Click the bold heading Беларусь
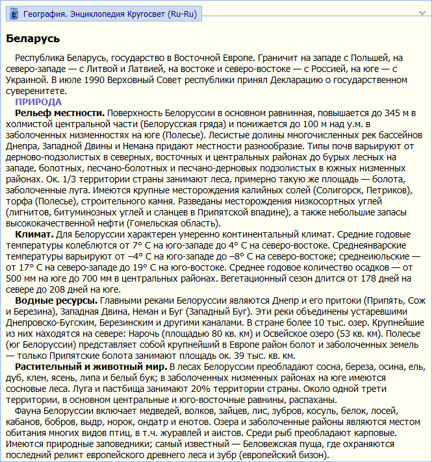pyautogui.click(x=33, y=39)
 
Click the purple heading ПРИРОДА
pyautogui.click(x=38, y=102)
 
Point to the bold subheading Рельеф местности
pyautogui.click(x=60, y=113)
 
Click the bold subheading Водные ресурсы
pyautogui.click(x=57, y=300)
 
